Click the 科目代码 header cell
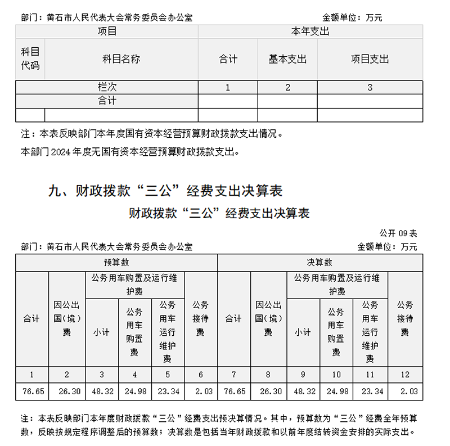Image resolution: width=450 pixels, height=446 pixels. pyautogui.click(x=30, y=59)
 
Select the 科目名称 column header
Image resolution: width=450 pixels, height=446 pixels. pyautogui.click(x=121, y=59)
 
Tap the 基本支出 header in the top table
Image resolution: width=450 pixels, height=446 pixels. pyautogui.click(x=287, y=59)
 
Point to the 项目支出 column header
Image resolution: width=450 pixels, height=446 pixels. pyautogui.click(x=370, y=59)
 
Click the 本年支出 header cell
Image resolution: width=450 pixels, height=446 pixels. pyautogui.click(x=310, y=31)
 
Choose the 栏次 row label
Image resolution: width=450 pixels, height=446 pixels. pyautogui.click(x=107, y=87)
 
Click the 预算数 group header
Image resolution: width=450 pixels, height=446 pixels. pyautogui.click(x=116, y=263)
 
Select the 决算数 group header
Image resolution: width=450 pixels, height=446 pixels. pyautogui.click(x=319, y=263)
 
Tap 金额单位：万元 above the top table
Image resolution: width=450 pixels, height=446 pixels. pyautogui.click(x=352, y=17)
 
